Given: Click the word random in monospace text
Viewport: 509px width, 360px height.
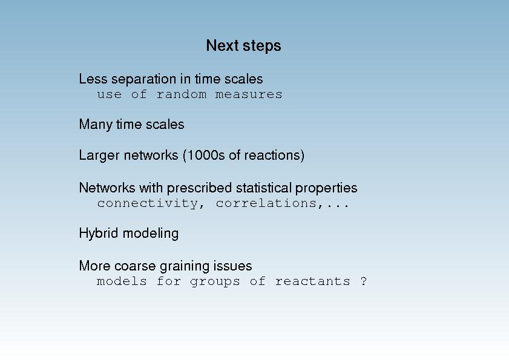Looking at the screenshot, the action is [x=182, y=94].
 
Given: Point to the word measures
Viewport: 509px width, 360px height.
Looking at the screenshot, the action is [x=249, y=94].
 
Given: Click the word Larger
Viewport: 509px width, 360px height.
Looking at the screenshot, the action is [x=99, y=155].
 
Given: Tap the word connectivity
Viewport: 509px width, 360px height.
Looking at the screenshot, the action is [x=148, y=203].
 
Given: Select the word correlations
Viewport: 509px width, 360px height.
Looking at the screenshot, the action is [x=266, y=203].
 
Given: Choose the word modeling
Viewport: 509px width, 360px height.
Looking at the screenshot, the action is [x=151, y=234].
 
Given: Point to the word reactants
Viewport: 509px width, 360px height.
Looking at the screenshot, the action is [x=313, y=281].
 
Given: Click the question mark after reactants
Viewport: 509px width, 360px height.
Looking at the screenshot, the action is [x=364, y=281].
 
